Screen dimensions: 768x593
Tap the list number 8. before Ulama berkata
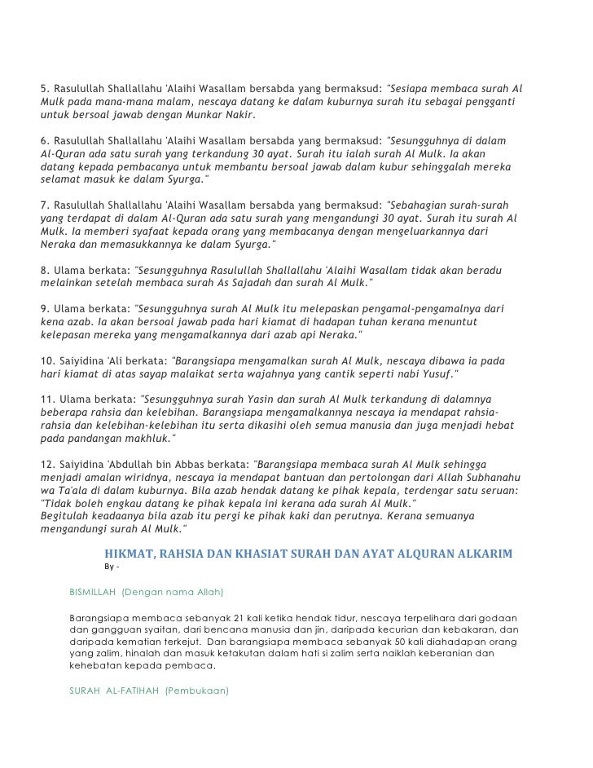(45, 269)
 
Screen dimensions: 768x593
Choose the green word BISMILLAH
(94, 589)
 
